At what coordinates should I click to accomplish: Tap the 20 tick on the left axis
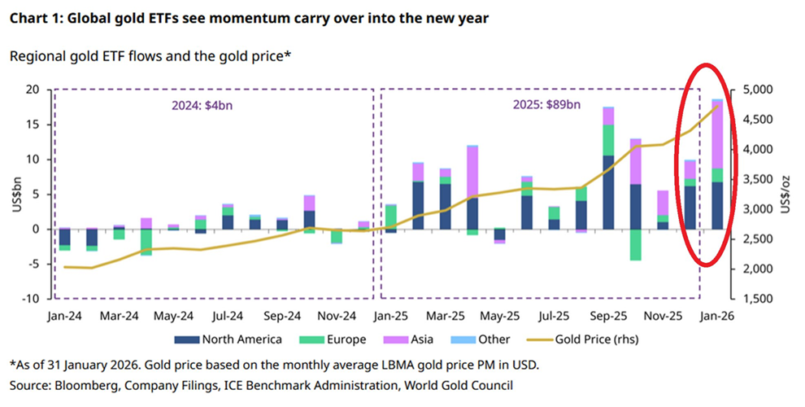tap(33, 90)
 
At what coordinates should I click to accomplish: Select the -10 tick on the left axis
tap(30, 299)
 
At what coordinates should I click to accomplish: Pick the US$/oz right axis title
tap(785, 195)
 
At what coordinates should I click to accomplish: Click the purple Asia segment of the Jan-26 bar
tap(717, 134)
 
